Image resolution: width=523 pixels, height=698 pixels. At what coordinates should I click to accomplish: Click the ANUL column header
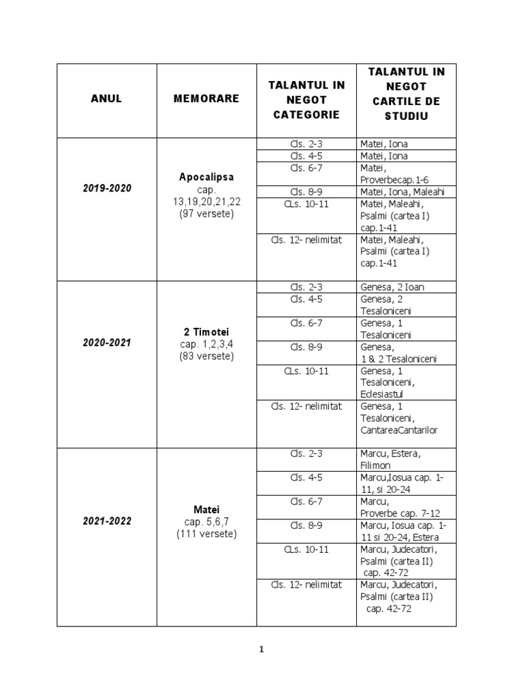(x=106, y=99)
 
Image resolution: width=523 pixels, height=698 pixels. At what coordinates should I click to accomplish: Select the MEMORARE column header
(x=206, y=99)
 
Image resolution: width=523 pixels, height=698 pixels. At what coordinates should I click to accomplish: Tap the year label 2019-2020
(x=107, y=189)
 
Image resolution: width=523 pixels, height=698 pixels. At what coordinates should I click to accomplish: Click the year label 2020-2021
(x=107, y=343)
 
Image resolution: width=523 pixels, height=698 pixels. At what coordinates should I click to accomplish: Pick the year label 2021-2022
(x=107, y=521)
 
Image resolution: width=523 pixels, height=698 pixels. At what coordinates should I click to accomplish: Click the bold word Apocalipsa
(x=206, y=177)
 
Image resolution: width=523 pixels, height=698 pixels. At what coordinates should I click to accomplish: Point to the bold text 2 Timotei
(x=206, y=331)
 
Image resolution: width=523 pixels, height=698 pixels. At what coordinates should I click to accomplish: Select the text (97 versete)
(x=206, y=214)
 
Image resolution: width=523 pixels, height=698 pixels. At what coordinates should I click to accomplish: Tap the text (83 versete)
(x=206, y=356)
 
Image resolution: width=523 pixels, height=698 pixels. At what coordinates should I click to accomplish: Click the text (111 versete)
(x=206, y=534)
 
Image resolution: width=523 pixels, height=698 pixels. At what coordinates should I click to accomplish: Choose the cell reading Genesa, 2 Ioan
(x=392, y=287)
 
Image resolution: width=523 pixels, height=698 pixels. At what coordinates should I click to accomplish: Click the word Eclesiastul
(x=385, y=394)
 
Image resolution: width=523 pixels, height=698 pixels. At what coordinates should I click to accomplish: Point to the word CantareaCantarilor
(x=399, y=430)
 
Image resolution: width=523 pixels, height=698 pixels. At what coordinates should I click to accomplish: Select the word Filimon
(x=376, y=466)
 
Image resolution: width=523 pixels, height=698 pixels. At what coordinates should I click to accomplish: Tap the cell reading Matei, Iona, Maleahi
(x=402, y=192)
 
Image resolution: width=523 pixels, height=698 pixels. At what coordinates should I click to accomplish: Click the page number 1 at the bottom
(x=261, y=650)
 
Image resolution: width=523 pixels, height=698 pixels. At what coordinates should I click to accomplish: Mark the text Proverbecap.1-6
(x=394, y=179)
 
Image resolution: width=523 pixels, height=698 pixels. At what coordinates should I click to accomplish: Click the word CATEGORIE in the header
(x=306, y=115)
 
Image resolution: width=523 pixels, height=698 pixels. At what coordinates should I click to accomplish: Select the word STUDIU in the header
(x=407, y=117)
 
